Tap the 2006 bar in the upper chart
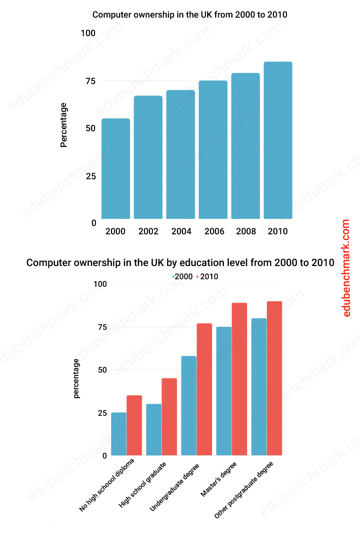213,150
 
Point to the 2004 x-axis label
181,232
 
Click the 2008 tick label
246,232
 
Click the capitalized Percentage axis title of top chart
64,125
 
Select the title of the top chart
190,15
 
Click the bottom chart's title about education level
180,263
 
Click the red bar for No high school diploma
134,425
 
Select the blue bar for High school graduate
154,430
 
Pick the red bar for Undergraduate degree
204,389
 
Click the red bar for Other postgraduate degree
274,378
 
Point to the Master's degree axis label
219,480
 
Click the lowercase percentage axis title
77,378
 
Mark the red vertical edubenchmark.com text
346,268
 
